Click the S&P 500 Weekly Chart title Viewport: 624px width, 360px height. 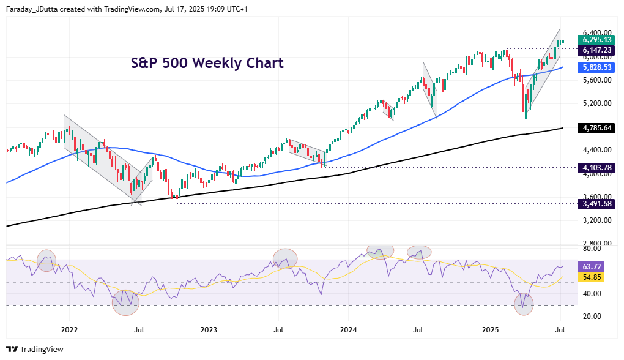pyautogui.click(x=207, y=63)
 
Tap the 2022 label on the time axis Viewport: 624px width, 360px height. pyautogui.click(x=69, y=329)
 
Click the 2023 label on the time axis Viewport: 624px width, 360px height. pyautogui.click(x=209, y=329)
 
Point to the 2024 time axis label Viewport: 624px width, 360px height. pyautogui.click(x=348, y=329)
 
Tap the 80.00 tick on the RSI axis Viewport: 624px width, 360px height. pyautogui.click(x=591, y=249)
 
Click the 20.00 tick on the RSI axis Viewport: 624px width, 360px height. pyautogui.click(x=591, y=317)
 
